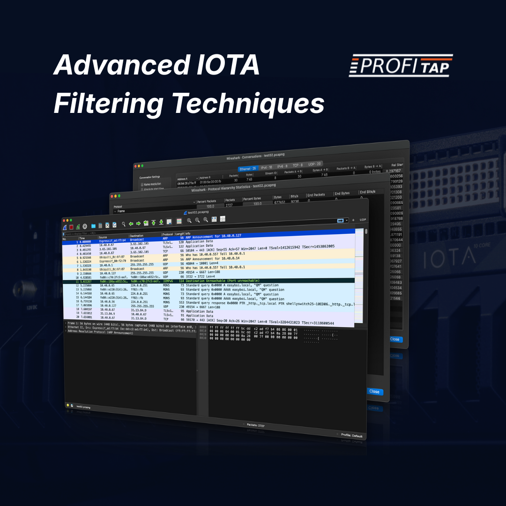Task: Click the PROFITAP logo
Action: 401,66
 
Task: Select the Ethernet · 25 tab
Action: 247,168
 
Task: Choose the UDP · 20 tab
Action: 314,164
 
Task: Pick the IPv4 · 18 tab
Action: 266,167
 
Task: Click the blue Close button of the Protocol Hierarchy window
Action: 374,391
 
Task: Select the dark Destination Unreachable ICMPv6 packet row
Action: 211,281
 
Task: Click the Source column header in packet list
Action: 103,238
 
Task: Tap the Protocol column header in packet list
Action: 167,234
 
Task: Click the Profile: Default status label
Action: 351,436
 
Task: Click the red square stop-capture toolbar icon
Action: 71,226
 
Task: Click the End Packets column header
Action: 316,194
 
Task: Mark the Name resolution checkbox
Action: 142,185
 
